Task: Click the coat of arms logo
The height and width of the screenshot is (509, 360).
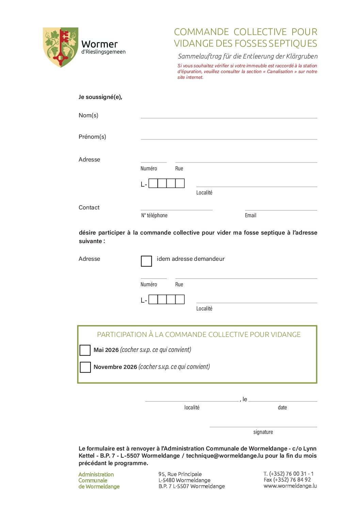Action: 61,47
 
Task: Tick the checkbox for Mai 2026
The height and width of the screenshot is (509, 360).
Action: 85,350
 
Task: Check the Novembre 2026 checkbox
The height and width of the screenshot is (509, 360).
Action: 85,367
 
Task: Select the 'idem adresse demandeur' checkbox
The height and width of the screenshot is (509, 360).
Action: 146,261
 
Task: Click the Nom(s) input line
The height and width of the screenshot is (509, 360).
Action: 229,116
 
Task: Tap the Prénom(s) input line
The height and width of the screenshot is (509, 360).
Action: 229,137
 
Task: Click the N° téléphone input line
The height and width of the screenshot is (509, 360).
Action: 177,208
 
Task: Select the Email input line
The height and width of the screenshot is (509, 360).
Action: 281,208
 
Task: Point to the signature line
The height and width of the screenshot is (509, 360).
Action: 263,425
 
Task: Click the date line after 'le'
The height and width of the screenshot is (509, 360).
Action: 282,400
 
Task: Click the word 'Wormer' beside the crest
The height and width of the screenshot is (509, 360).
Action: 99,44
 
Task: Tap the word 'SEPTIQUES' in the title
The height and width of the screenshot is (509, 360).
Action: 293,44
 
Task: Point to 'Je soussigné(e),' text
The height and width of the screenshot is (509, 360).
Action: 100,97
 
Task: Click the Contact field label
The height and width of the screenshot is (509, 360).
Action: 89,207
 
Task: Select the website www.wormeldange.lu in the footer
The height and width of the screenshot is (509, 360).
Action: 290,486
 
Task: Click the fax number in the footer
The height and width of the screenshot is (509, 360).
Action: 287,480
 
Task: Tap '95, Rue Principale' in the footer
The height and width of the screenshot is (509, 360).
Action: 180,474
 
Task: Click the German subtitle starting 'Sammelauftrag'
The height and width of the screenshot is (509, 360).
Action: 248,56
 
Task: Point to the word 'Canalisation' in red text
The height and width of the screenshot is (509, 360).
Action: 280,71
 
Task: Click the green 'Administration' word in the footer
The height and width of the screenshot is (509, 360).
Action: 96,474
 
